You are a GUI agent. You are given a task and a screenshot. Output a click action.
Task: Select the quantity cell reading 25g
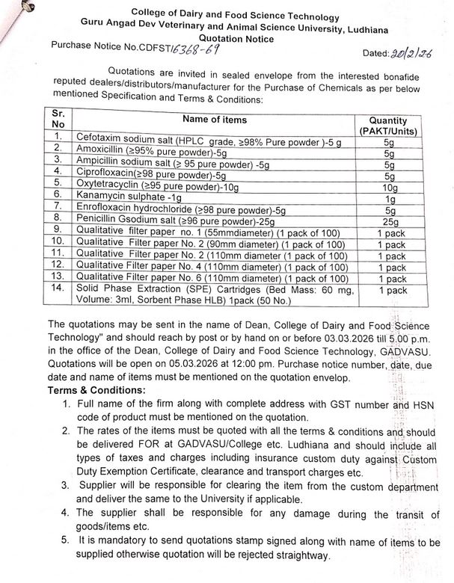point(388,223)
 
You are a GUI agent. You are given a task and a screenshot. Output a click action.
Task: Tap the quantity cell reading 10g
point(388,187)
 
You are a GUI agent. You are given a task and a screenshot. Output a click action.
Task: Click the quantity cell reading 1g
point(388,199)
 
